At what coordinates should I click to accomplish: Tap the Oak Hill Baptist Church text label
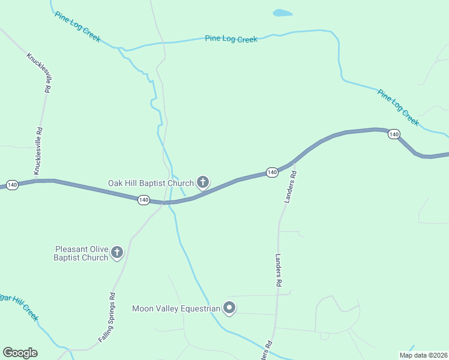[x=151, y=183]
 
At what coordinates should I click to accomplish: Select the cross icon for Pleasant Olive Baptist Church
[x=117, y=253]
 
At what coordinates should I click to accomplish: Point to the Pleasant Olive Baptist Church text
[x=81, y=253]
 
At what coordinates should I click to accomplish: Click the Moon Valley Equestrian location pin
[x=229, y=308]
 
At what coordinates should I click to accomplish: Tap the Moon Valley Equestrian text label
[x=176, y=309]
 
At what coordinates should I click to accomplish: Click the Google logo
[x=20, y=353]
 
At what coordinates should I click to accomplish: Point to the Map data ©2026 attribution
[x=423, y=355]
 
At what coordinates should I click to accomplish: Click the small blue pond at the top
[x=282, y=13]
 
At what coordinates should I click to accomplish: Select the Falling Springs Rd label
[x=107, y=318]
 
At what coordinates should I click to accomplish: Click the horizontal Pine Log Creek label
[x=231, y=39]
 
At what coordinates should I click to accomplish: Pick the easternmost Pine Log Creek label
[x=398, y=107]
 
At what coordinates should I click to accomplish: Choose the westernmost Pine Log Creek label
[x=77, y=26]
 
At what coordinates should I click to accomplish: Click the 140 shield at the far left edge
[x=13, y=185]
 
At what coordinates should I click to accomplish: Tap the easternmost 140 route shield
[x=393, y=134]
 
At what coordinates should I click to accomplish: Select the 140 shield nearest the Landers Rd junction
[x=272, y=173]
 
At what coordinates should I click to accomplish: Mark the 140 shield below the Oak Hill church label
[x=143, y=200]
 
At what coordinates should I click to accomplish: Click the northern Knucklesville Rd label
[x=37, y=72]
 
